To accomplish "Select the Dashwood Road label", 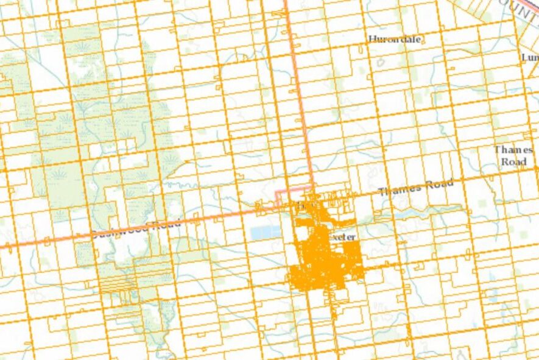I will tap(136, 230).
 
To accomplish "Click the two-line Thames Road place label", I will tap(512, 155).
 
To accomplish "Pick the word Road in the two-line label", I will tap(512, 162).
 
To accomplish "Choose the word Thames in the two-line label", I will tap(512, 149).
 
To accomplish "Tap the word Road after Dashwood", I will tap(167, 225).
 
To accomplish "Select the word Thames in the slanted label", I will tap(399, 189).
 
